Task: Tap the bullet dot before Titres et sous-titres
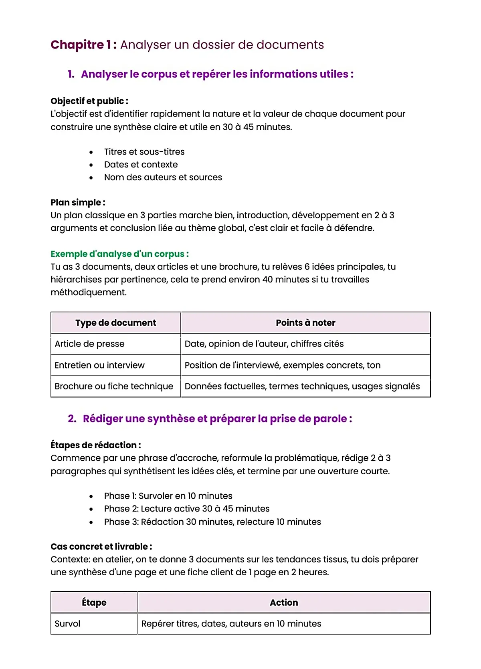[x=91, y=152]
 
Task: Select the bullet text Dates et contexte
[x=141, y=165]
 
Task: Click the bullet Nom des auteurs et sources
[x=163, y=177]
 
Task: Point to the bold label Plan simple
[x=78, y=202]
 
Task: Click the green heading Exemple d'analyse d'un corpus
[x=119, y=254]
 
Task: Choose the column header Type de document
[x=115, y=323]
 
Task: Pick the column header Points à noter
[x=305, y=323]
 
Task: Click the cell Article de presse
[x=89, y=344]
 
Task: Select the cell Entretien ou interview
[x=99, y=365]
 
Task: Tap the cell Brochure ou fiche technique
[x=114, y=387]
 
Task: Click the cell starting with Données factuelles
[x=302, y=387]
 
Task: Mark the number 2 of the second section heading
[x=72, y=419]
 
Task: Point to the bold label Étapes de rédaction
[x=95, y=445]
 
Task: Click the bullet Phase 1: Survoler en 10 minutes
[x=168, y=496]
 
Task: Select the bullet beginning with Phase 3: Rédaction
[x=212, y=522]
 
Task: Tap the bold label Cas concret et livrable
[x=101, y=546]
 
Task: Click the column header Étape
[x=94, y=603]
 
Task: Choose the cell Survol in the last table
[x=67, y=624]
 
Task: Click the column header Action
[x=284, y=603]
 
